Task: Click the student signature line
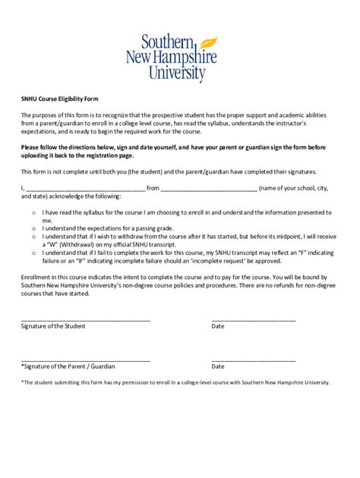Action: (85, 319)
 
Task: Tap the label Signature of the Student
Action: (53, 326)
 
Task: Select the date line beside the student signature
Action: (254, 319)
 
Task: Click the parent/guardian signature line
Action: (85, 359)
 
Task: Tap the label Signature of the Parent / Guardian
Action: (68, 366)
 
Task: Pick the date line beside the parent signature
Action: (254, 359)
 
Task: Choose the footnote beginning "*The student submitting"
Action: (175, 383)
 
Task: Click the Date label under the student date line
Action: (218, 326)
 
